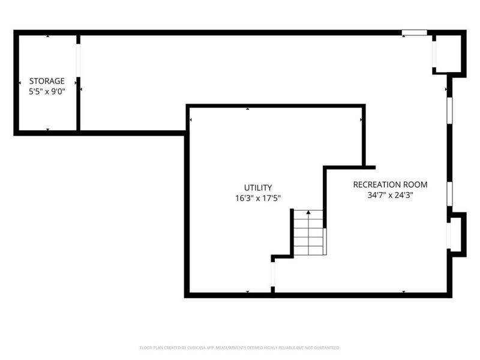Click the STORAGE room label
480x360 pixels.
point(47,81)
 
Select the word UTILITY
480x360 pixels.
point(258,187)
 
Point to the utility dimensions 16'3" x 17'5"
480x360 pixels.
point(258,198)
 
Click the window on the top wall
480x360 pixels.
point(414,32)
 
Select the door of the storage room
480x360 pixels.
point(78,60)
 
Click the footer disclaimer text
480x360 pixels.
point(240,347)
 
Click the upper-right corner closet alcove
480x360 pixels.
point(449,54)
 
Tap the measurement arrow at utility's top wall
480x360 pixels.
point(248,109)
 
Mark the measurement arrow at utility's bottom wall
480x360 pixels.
point(248,292)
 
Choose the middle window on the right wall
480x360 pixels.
point(449,193)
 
